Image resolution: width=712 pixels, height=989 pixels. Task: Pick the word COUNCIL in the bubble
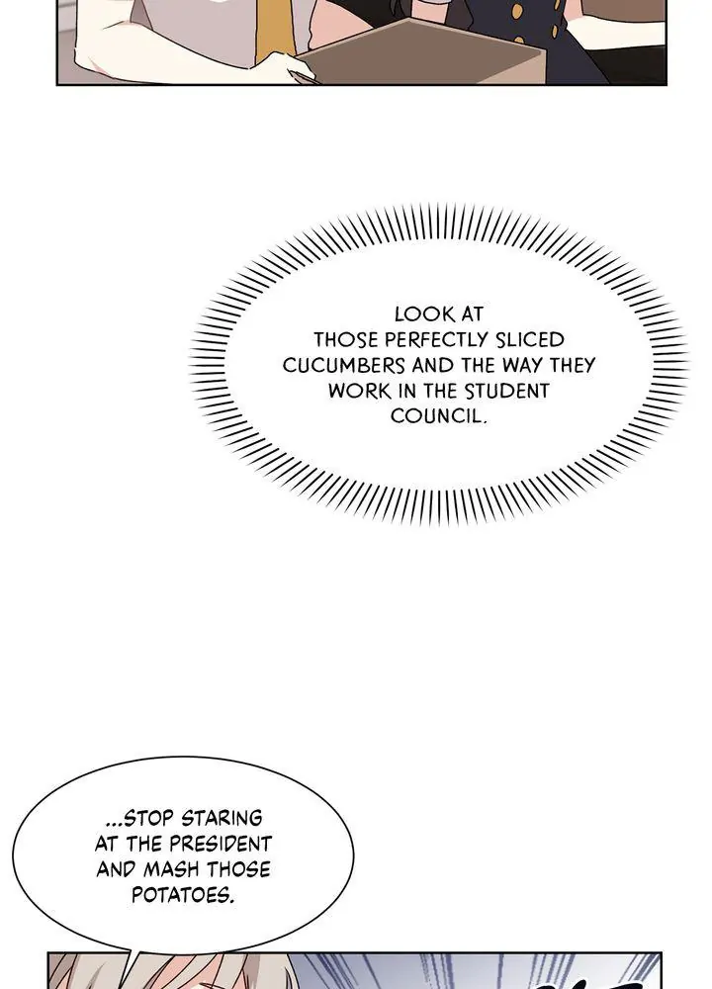438,416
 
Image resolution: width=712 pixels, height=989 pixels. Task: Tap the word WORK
357,391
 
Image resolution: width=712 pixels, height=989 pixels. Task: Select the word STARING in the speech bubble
223,819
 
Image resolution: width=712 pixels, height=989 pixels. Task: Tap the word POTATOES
183,896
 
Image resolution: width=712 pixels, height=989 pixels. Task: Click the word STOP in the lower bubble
143,819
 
